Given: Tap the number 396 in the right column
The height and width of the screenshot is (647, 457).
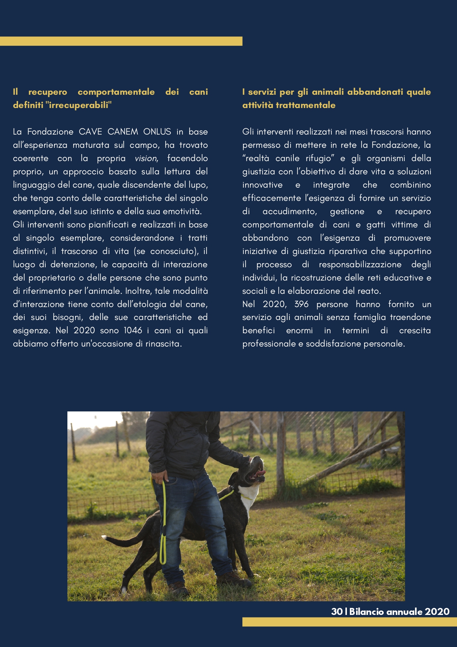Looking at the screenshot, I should tap(301, 304).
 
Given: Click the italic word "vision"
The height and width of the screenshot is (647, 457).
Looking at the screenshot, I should tap(146, 159).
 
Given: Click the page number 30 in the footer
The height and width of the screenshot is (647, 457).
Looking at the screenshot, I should tap(337, 612).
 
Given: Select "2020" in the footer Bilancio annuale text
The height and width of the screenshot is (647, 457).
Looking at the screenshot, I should tap(437, 612).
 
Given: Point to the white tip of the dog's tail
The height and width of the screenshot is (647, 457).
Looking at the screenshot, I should tap(105, 538).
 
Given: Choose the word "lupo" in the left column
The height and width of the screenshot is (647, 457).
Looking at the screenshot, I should tap(199, 185).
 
